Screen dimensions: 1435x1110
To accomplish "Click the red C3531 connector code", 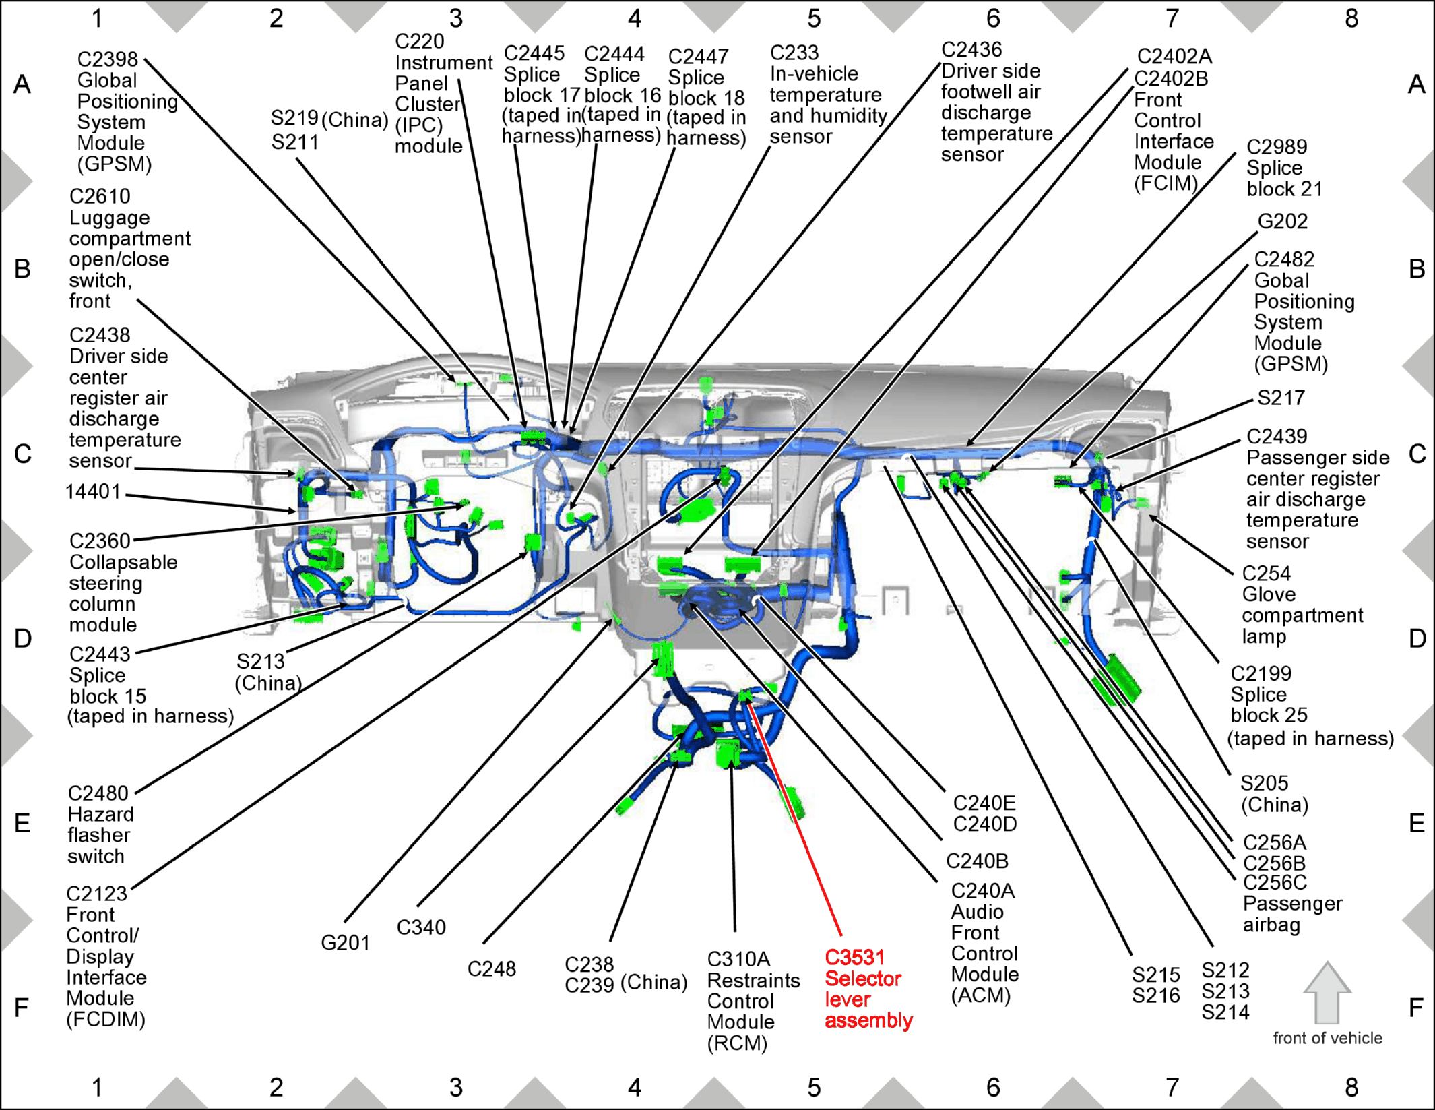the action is point(854,957).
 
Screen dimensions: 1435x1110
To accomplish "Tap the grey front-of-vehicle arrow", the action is point(1327,993).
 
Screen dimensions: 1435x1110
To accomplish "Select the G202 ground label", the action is point(1283,222).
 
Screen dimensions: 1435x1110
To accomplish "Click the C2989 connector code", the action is point(1277,147).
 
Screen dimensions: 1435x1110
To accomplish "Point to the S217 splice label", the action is point(1281,398).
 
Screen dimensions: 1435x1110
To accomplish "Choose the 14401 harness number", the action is point(93,492).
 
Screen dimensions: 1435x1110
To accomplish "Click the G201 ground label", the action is point(345,943).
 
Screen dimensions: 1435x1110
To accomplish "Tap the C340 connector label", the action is point(421,927).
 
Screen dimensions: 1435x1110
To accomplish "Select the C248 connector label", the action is point(492,969).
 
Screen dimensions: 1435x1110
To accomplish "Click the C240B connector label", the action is point(977,861).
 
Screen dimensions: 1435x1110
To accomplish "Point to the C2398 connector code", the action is point(108,59).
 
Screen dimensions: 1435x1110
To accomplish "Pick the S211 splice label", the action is point(295,142).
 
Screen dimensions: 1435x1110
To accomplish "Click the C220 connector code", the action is point(420,41).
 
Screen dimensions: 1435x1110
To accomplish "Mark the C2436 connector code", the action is point(971,50).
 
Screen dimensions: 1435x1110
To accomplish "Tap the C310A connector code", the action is point(738,959).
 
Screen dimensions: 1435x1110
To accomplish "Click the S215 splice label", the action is point(1155,975).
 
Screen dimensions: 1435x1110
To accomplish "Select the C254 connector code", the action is point(1267,574).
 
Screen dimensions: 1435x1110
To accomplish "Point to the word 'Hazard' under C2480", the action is point(100,814).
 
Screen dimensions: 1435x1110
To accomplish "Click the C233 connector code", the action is point(794,53).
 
